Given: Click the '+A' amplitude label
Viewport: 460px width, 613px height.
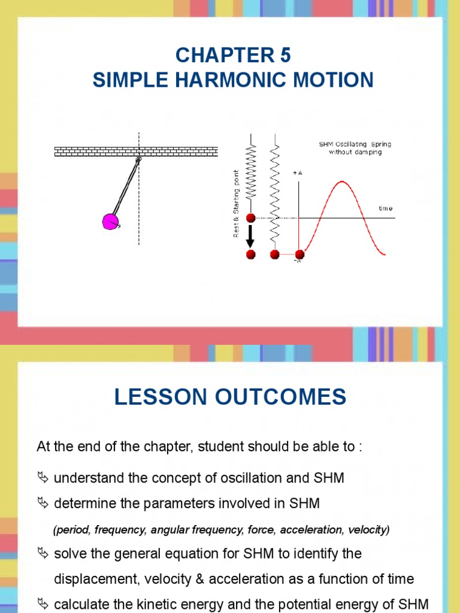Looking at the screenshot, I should pyautogui.click(x=297, y=172).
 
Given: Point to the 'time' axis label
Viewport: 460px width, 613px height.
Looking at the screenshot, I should pyautogui.click(x=386, y=208).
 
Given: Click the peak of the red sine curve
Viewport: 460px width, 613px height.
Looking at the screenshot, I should pyautogui.click(x=342, y=181).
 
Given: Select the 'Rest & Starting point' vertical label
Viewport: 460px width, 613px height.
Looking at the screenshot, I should pyautogui.click(x=236, y=203).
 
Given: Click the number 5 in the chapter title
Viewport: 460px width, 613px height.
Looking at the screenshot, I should pyautogui.click(x=285, y=55).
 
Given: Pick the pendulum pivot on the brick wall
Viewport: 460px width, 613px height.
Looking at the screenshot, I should pyautogui.click(x=138, y=159).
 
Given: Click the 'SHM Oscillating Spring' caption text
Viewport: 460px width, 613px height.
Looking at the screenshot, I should pyautogui.click(x=355, y=144).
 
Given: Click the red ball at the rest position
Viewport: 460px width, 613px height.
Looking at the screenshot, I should pyautogui.click(x=250, y=218).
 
